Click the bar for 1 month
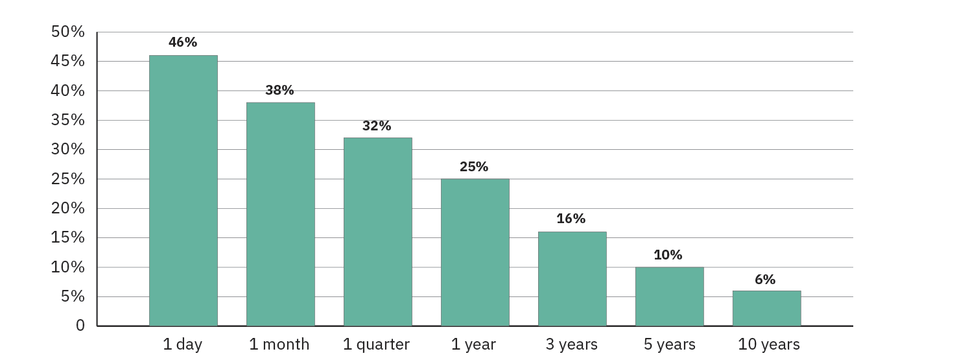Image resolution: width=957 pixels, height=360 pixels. tap(281, 214)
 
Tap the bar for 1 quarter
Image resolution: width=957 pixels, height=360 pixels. tap(378, 232)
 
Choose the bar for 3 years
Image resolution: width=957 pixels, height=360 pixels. tap(573, 278)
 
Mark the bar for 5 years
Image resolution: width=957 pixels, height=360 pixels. tap(670, 296)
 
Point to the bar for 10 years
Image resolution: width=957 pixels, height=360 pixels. tap(767, 308)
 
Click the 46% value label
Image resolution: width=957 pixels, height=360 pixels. tap(183, 42)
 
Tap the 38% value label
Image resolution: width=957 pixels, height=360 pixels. tap(279, 90)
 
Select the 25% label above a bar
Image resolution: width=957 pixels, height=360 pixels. tap(474, 167)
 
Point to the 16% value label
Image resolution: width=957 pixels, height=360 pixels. tap(571, 219)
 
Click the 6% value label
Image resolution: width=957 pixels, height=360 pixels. tap(765, 280)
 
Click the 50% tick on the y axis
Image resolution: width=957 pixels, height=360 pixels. tap(68, 32)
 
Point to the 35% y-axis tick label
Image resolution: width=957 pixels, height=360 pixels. tap(68, 120)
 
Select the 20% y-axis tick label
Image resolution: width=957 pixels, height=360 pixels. tap(68, 208)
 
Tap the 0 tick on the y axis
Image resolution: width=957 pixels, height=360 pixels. tap(80, 326)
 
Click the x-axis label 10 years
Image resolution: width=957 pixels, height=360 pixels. tap(769, 344)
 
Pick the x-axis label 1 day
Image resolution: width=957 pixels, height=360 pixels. tap(183, 344)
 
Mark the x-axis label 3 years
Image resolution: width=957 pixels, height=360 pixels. tap(572, 344)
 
